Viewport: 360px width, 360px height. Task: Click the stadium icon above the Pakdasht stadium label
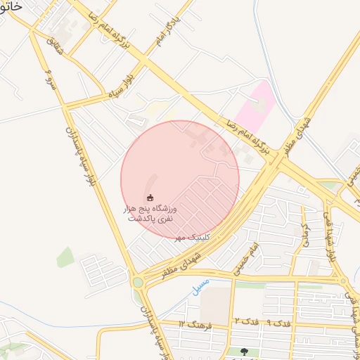tap(150, 197)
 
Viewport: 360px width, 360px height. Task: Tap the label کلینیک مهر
tap(189, 237)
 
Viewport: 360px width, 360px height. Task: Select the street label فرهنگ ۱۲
tap(191, 323)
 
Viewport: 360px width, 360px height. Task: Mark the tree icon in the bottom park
tap(244, 352)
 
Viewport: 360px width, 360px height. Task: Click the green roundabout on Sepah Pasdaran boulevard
tap(137, 283)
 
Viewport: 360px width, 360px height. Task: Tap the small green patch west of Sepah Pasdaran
tap(65, 257)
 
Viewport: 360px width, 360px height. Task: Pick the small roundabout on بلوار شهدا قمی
tap(346, 280)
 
